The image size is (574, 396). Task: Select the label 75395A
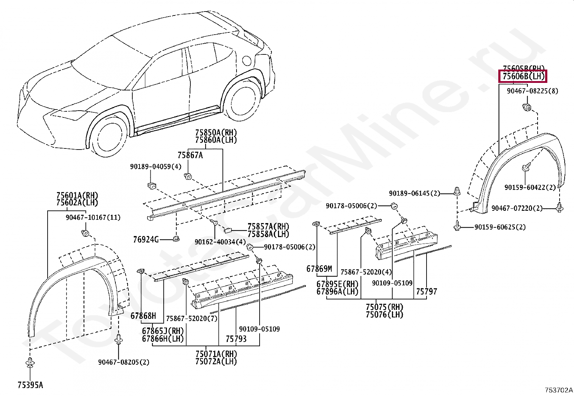[x=30, y=385]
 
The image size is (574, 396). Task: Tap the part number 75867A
[x=190, y=155]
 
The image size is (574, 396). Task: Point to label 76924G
[x=146, y=239]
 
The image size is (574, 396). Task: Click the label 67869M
[x=319, y=268]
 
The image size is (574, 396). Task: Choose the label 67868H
[x=143, y=316]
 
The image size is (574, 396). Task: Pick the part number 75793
[x=236, y=339]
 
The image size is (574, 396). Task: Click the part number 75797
[x=427, y=291]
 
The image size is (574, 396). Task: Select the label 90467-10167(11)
[x=93, y=218]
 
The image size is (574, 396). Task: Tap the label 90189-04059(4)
[x=156, y=166]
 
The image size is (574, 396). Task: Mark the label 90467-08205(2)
[x=124, y=362]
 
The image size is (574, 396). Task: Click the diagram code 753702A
[x=558, y=390]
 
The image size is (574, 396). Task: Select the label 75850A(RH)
[x=216, y=132]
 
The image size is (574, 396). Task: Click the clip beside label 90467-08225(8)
[x=527, y=107]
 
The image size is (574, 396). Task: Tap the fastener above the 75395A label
[x=30, y=362]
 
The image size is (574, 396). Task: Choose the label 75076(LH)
[x=384, y=315]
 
